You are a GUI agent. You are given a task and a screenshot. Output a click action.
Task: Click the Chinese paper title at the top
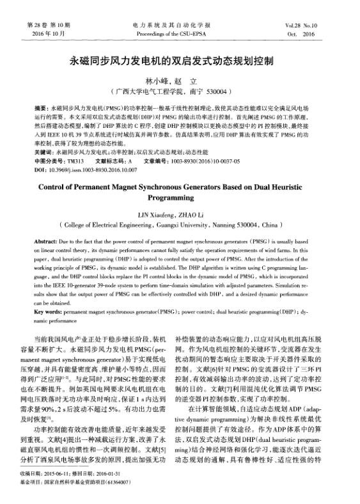pos(180,62)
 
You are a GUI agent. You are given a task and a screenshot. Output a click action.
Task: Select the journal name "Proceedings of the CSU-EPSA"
pos(180,33)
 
